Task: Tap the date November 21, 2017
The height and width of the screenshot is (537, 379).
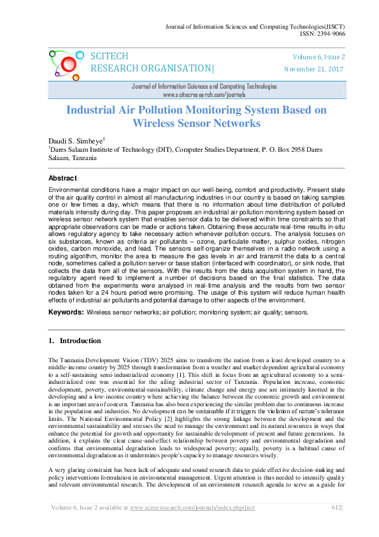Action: [x=314, y=68]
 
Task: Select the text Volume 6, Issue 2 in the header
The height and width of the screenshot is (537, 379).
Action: [x=318, y=57]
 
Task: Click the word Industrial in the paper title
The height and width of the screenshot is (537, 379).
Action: [x=96, y=110]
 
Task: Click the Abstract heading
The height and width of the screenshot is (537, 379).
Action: [x=63, y=178]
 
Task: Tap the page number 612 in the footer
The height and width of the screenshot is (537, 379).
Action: [x=336, y=525]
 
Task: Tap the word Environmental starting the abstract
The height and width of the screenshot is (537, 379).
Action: [x=70, y=191]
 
